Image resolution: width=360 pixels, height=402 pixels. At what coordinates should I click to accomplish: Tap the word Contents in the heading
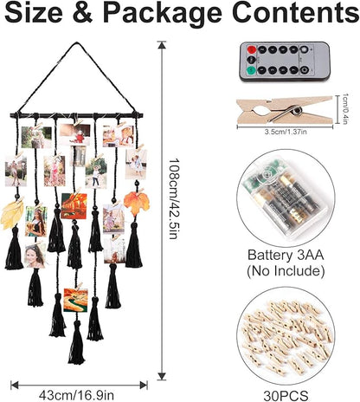point(296,13)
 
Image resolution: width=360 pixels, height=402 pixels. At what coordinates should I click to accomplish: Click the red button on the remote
point(253,49)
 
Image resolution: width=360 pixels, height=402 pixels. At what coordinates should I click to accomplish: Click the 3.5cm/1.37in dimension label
point(286,132)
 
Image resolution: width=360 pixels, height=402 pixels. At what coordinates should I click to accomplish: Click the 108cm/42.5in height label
point(173,198)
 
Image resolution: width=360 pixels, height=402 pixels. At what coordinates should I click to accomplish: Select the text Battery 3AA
point(286,256)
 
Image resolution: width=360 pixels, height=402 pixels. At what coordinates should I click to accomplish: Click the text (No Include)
point(286,271)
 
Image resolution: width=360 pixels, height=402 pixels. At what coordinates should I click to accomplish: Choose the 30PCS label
point(286,396)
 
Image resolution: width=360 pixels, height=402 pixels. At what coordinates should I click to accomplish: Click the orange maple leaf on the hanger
point(137,203)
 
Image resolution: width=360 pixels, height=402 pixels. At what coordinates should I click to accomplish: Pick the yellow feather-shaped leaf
point(11,214)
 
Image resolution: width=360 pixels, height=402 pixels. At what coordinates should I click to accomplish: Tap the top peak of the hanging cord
point(77,43)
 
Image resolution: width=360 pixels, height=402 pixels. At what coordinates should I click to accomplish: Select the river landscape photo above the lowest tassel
point(75,300)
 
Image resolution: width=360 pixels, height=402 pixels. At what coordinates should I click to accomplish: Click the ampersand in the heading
point(83,13)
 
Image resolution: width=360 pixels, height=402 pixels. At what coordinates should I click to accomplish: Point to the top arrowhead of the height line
point(162,45)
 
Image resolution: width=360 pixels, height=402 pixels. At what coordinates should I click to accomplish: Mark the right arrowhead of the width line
point(144,385)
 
